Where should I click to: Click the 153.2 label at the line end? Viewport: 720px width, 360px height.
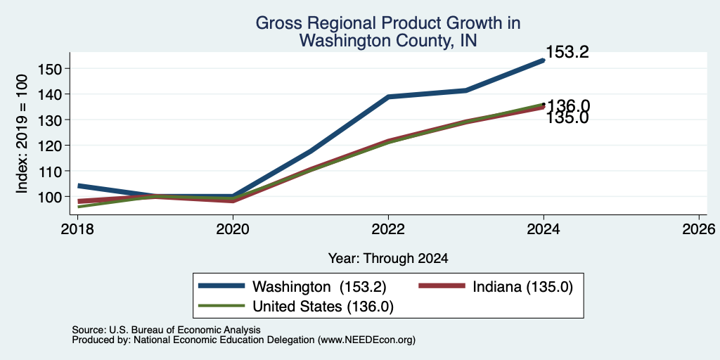[567, 52]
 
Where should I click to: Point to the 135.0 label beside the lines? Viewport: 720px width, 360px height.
[567, 118]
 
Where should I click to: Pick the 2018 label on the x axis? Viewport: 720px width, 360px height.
[77, 229]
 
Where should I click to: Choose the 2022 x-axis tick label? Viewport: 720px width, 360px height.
[388, 229]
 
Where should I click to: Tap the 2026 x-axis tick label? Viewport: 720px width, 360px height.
[699, 229]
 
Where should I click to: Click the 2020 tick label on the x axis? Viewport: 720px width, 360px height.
[233, 229]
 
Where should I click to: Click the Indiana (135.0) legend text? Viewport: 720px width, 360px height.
[522, 287]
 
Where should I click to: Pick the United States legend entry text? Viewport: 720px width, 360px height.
[323, 307]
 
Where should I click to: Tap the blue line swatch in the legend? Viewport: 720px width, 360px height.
[221, 286]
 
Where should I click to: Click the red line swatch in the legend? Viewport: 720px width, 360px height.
[441, 286]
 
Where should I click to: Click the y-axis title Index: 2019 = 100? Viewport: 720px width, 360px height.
[22, 134]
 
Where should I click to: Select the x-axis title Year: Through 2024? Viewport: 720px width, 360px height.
[388, 259]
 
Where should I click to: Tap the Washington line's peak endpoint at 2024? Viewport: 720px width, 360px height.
[544, 60]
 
